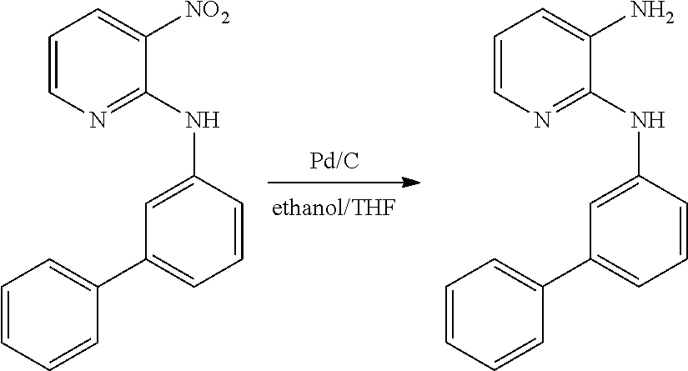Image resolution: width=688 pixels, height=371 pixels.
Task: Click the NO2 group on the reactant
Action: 207,13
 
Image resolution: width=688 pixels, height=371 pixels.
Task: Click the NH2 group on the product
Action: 651,13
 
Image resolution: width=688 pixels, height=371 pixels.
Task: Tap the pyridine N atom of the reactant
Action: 98,120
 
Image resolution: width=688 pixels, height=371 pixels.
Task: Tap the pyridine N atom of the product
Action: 542,120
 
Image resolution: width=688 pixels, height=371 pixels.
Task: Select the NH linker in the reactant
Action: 203,120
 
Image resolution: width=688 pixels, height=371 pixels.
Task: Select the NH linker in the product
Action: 647,120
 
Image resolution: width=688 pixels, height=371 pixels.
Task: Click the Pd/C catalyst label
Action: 334,161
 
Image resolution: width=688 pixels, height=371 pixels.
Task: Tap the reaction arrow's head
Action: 412,183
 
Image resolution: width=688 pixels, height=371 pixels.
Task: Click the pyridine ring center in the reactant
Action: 98,65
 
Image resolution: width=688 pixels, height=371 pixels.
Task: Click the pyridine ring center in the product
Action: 542,65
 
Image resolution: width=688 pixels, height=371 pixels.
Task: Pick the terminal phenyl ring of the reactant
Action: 49,314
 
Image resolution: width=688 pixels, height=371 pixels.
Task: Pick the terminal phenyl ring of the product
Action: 494,314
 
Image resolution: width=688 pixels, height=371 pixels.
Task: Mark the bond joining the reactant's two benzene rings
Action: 122,273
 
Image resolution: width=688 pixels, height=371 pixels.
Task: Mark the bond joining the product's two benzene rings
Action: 566,273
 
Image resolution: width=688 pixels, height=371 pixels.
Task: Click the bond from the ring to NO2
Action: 165,27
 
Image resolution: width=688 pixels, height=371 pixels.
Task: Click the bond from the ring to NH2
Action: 610,27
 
